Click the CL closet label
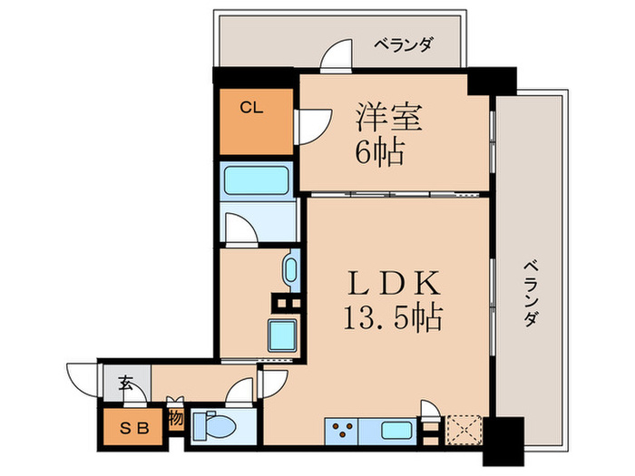tap(251, 108)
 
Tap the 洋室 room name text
tap(389, 117)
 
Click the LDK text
tap(394, 283)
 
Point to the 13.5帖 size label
tap(393, 317)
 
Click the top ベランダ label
tap(404, 44)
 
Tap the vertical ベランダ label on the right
tap(531, 294)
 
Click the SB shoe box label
tap(134, 428)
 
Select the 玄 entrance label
tap(126, 383)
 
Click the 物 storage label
tap(175, 418)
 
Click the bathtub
tap(257, 180)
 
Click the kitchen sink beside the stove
tap(397, 430)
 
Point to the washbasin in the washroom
tap(291, 269)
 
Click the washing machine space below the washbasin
tap(282, 335)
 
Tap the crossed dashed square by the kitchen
tap(464, 430)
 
